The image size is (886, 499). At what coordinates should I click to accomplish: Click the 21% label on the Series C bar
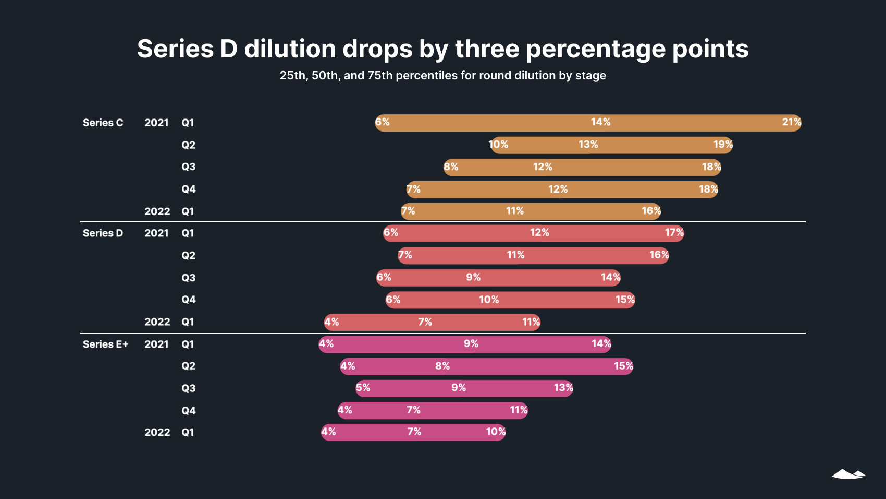pos(791,122)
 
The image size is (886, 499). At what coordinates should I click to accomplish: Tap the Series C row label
pos(103,123)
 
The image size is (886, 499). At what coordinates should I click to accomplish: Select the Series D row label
pos(103,233)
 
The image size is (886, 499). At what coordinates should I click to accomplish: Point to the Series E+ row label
pos(105,344)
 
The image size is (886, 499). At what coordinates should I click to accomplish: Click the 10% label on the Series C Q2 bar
pos(498,145)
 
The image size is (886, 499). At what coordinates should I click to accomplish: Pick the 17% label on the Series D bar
pos(673,232)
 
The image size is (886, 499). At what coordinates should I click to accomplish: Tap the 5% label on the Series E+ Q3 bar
pos(363,388)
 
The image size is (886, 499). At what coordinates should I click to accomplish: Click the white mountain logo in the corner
pos(848,474)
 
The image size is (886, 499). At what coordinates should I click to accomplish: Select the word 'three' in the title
pos(487,49)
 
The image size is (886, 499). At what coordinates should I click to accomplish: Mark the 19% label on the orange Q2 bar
pos(722,145)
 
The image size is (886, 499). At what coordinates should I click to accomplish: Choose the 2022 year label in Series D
pos(157,322)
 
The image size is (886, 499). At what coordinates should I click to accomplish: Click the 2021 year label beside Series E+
pos(156,344)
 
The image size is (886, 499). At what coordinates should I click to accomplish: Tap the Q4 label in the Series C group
pos(188,189)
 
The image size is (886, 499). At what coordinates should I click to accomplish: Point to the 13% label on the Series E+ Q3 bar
pos(563,388)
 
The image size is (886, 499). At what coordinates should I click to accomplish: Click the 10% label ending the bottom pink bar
pos(495,432)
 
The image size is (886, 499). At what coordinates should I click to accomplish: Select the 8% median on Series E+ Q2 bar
pos(442,366)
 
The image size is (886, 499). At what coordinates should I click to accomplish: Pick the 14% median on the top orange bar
pos(600,122)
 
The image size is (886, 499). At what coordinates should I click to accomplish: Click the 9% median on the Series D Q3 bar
pos(473,277)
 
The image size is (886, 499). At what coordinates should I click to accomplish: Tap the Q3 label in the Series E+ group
pos(188,388)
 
